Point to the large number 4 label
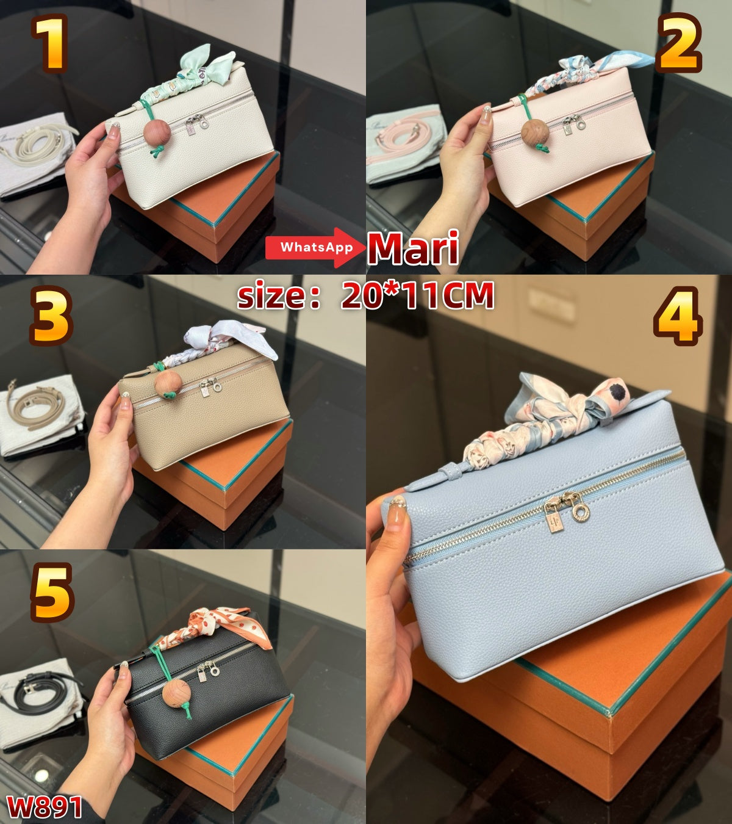coord(677,315)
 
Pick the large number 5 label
coord(52,592)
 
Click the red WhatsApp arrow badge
coord(314,247)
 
